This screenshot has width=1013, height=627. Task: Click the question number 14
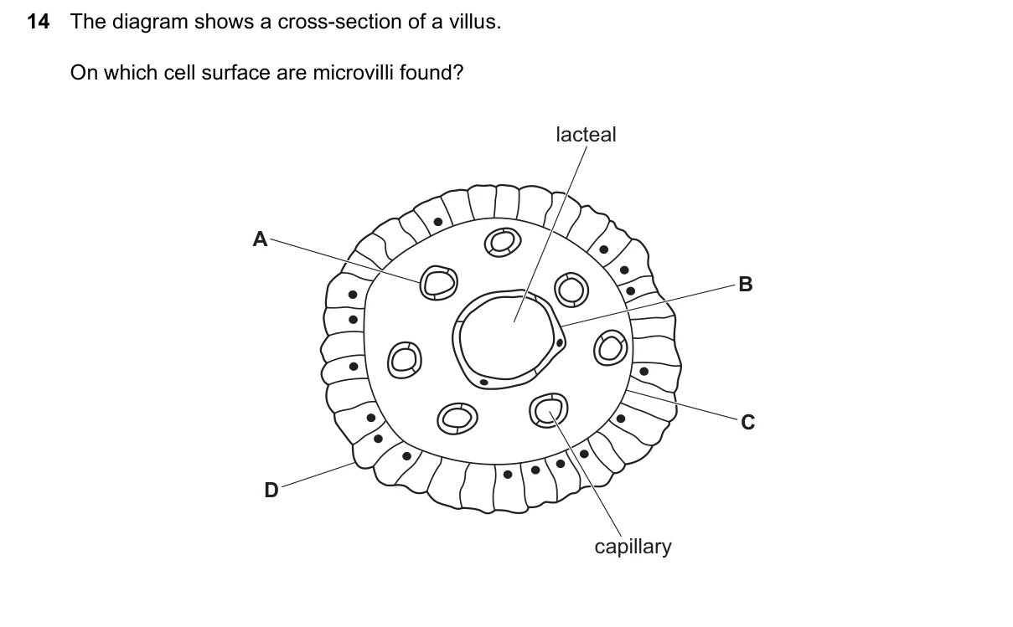[x=39, y=22]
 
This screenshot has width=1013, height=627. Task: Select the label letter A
[x=260, y=239]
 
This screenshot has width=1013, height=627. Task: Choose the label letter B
[x=745, y=284]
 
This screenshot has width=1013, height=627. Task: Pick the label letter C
[x=747, y=423]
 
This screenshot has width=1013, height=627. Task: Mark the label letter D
[x=271, y=490]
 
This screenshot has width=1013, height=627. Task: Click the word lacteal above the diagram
[x=586, y=135]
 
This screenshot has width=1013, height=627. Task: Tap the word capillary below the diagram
[x=633, y=547]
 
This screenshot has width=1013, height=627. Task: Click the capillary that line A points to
[x=439, y=283]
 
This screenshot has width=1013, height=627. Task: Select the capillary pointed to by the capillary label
[x=549, y=410]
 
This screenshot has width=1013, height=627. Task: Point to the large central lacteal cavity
[x=505, y=339]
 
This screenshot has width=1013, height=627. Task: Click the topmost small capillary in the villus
[x=503, y=242]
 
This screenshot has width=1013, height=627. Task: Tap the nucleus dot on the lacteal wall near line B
[x=560, y=343]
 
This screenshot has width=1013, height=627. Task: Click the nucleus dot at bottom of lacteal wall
[x=483, y=383]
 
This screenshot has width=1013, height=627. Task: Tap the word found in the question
[x=432, y=72]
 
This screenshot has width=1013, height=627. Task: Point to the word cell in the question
[x=179, y=72]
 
